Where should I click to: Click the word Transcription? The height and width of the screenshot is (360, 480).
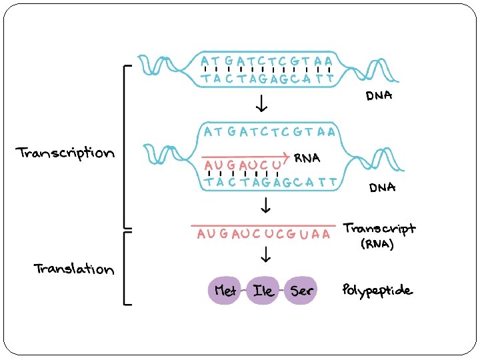pos(65,153)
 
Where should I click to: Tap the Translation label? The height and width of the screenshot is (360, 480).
pos(74,269)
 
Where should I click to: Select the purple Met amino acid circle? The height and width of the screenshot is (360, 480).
pos(225,291)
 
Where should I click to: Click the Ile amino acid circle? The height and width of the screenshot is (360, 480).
pos(261,291)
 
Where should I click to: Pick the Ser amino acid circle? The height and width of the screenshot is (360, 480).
pos(299,291)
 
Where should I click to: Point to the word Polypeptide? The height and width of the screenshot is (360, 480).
pos(377,291)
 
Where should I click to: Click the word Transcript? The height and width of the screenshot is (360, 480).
pos(379,229)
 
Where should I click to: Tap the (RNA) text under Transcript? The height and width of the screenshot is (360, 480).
pos(377,244)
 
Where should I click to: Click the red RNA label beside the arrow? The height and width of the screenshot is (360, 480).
pos(307,158)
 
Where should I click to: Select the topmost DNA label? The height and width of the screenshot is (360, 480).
pos(379,97)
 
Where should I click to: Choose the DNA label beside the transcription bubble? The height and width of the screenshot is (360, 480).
pos(383,187)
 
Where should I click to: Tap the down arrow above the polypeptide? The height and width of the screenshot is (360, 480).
pos(265,254)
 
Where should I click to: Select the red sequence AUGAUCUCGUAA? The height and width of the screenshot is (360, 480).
pos(263,235)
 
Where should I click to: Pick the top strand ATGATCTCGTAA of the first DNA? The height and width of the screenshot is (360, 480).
pos(267,61)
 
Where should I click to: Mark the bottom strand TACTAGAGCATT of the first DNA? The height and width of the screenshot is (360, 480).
pos(267,79)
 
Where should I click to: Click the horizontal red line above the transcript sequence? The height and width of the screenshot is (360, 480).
pos(263,225)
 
